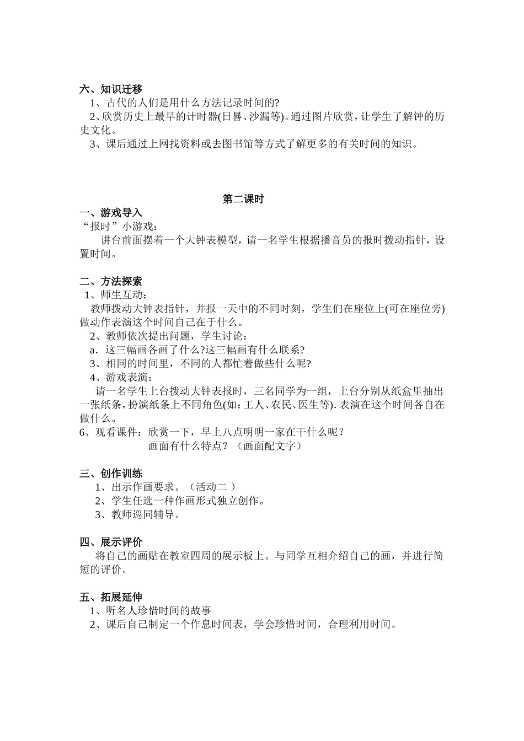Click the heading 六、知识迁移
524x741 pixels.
[111, 89]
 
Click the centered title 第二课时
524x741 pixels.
[243, 199]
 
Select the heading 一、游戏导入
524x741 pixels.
[111, 213]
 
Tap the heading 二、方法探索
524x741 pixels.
[111, 281]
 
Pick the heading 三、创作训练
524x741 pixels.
[111, 473]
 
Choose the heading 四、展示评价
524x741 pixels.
[111, 542]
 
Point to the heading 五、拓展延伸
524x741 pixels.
[111, 597]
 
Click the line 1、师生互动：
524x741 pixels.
[116, 295]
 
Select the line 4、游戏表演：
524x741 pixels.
[121, 377]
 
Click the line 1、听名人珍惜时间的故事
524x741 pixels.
[150, 610]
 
